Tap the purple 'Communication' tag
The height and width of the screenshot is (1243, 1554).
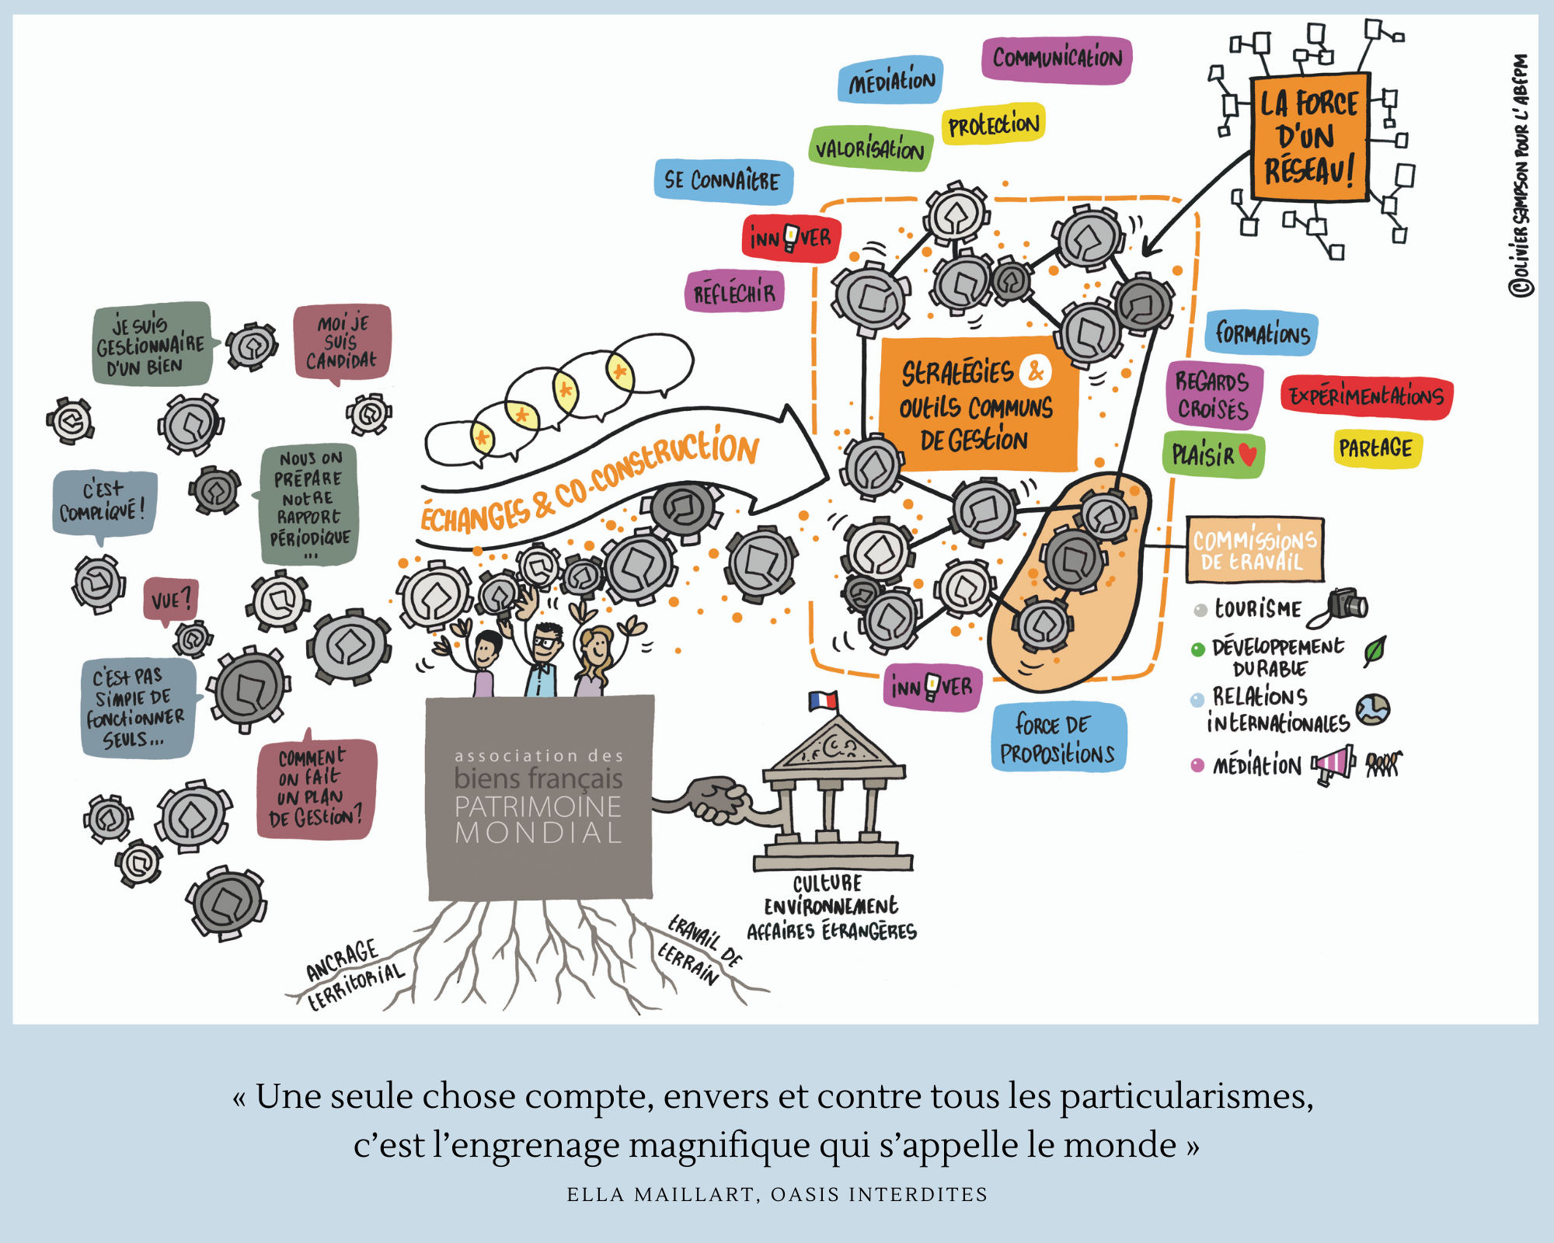(x=1057, y=59)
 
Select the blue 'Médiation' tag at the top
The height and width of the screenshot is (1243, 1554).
(x=890, y=80)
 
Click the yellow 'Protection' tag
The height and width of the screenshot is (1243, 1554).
(x=993, y=124)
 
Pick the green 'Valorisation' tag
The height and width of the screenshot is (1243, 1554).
(x=870, y=148)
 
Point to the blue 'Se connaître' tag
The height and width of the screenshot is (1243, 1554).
(x=723, y=181)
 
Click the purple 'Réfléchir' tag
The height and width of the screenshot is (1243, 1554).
(x=734, y=293)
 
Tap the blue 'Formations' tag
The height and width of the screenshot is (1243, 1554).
(x=1262, y=333)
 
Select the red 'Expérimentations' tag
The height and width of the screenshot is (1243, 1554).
(x=1367, y=397)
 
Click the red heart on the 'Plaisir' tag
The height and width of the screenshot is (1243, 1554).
(x=1248, y=454)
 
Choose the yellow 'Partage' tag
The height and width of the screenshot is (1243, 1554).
(x=1375, y=448)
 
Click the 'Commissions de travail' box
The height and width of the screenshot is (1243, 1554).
(x=1254, y=549)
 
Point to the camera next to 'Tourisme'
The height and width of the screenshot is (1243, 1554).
(x=1346, y=604)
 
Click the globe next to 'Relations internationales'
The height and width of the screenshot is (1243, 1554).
(x=1373, y=709)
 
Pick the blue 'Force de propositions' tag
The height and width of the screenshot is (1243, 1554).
(x=1057, y=738)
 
